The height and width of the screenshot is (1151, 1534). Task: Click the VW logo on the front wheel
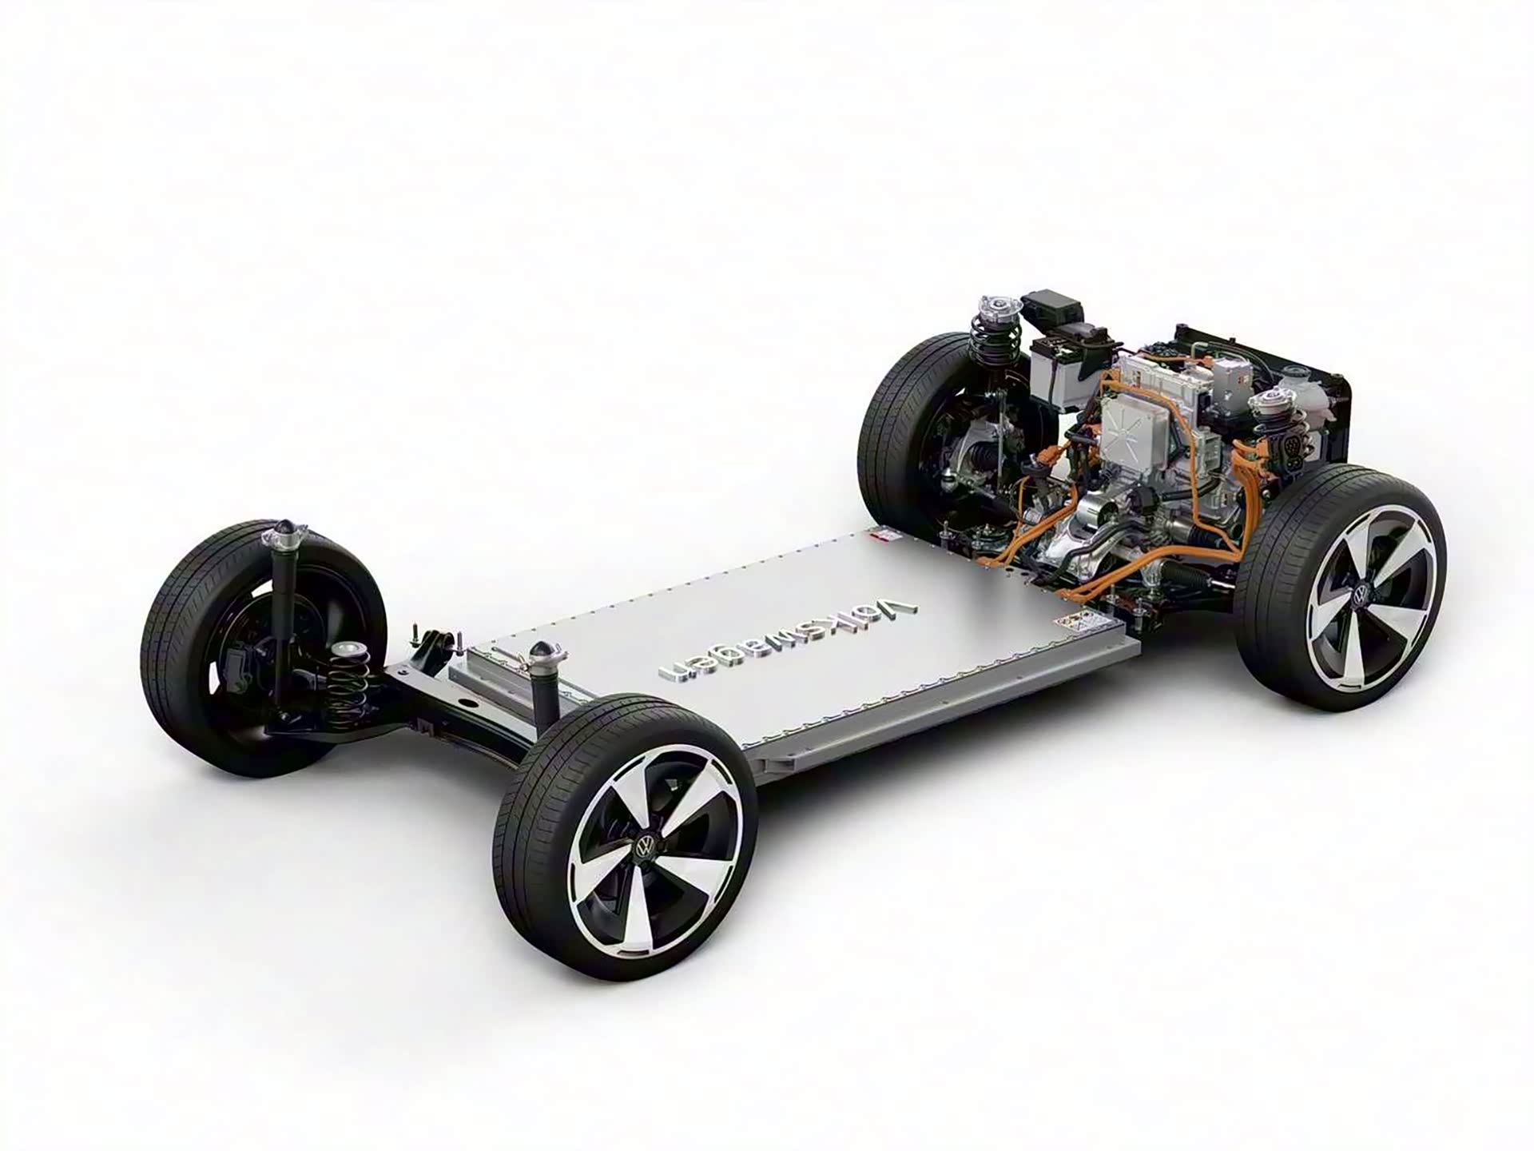[x=1360, y=595]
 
